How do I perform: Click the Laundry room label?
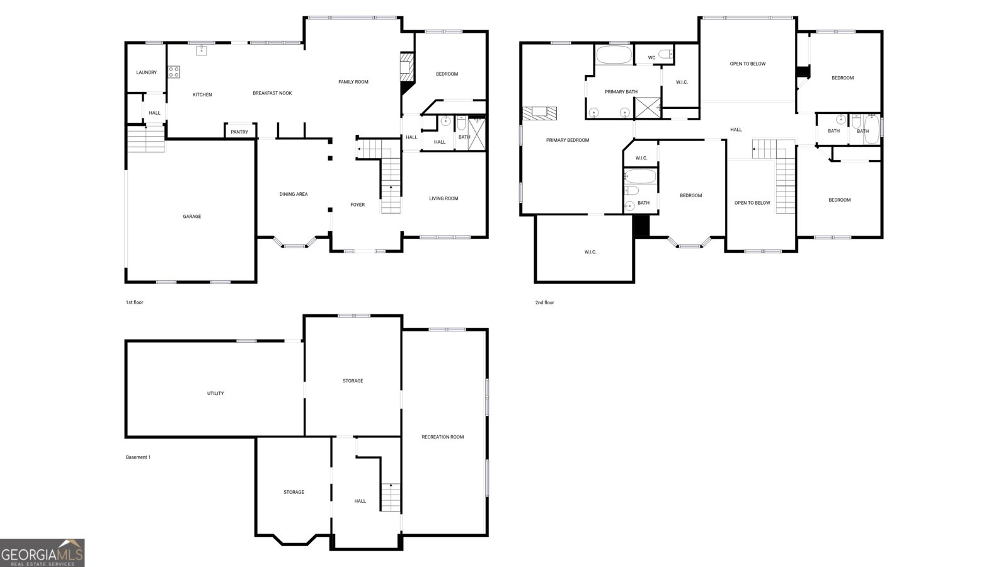tap(146, 72)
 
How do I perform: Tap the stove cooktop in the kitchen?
tap(174, 72)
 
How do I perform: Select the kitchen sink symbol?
tap(201, 50)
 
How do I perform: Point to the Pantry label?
tap(239, 132)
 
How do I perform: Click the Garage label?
tap(192, 217)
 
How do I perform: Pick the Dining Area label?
tap(294, 195)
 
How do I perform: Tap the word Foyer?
tap(358, 205)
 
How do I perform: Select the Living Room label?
tap(444, 198)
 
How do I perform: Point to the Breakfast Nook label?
tap(272, 93)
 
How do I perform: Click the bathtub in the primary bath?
tap(614, 55)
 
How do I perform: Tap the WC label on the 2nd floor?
tap(651, 57)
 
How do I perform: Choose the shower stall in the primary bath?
tap(648, 108)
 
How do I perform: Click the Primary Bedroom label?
tap(568, 140)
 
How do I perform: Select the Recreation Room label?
tap(443, 437)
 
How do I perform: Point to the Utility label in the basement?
tap(215, 393)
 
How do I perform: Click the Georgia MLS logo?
tap(42, 553)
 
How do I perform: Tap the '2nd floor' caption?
tap(544, 303)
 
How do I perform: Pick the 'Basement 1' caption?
tap(138, 457)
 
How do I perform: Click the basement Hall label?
tap(360, 501)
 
